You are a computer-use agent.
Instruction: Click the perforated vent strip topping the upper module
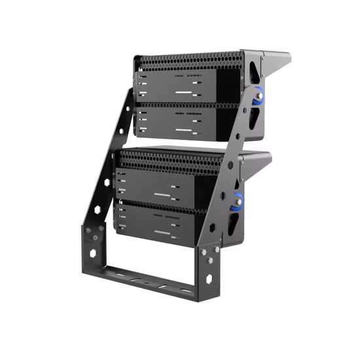190,62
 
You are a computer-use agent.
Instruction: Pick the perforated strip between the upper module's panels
183,102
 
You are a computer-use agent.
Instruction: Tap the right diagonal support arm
226,177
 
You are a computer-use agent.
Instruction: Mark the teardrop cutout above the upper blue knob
252,79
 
